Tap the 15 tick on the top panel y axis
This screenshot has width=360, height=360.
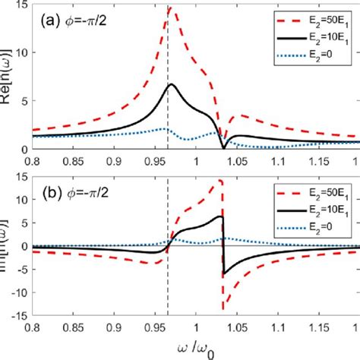(x=23, y=5)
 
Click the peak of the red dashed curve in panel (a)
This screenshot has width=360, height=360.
(x=170, y=8)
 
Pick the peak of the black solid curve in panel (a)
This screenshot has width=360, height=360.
(x=172, y=84)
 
